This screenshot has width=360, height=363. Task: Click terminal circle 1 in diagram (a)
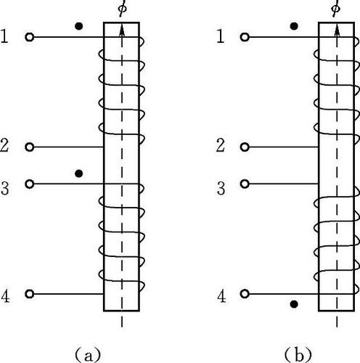pyautogui.click(x=30, y=37)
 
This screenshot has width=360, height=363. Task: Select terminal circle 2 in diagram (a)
pyautogui.click(x=30, y=147)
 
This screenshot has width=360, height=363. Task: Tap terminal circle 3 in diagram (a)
pyautogui.click(x=30, y=184)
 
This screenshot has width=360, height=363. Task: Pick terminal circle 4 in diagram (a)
pyautogui.click(x=30, y=294)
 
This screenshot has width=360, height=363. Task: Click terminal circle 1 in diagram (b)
pyautogui.click(x=245, y=37)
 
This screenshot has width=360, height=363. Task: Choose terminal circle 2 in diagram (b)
pyautogui.click(x=245, y=147)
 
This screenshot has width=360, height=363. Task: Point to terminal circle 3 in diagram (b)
pyautogui.click(x=245, y=184)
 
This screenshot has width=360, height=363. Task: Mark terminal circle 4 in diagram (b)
pyautogui.click(x=245, y=294)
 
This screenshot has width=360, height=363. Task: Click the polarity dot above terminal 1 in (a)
pyautogui.click(x=79, y=26)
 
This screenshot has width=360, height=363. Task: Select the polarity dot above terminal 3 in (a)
pyautogui.click(x=79, y=174)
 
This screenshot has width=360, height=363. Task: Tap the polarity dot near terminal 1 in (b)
pyautogui.click(x=294, y=26)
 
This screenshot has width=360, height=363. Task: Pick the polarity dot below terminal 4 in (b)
pyautogui.click(x=294, y=304)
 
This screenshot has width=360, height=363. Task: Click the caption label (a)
pyautogui.click(x=88, y=355)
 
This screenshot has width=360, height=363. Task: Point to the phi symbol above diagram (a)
pyautogui.click(x=123, y=9)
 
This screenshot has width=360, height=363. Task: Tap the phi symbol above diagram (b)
pyautogui.click(x=336, y=9)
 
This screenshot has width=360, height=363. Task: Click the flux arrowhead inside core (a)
pyautogui.click(x=122, y=30)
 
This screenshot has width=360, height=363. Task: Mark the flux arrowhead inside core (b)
pyautogui.click(x=337, y=30)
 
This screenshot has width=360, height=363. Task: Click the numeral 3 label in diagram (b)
pyautogui.click(x=221, y=189)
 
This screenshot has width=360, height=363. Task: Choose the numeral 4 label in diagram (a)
pyautogui.click(x=5, y=296)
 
